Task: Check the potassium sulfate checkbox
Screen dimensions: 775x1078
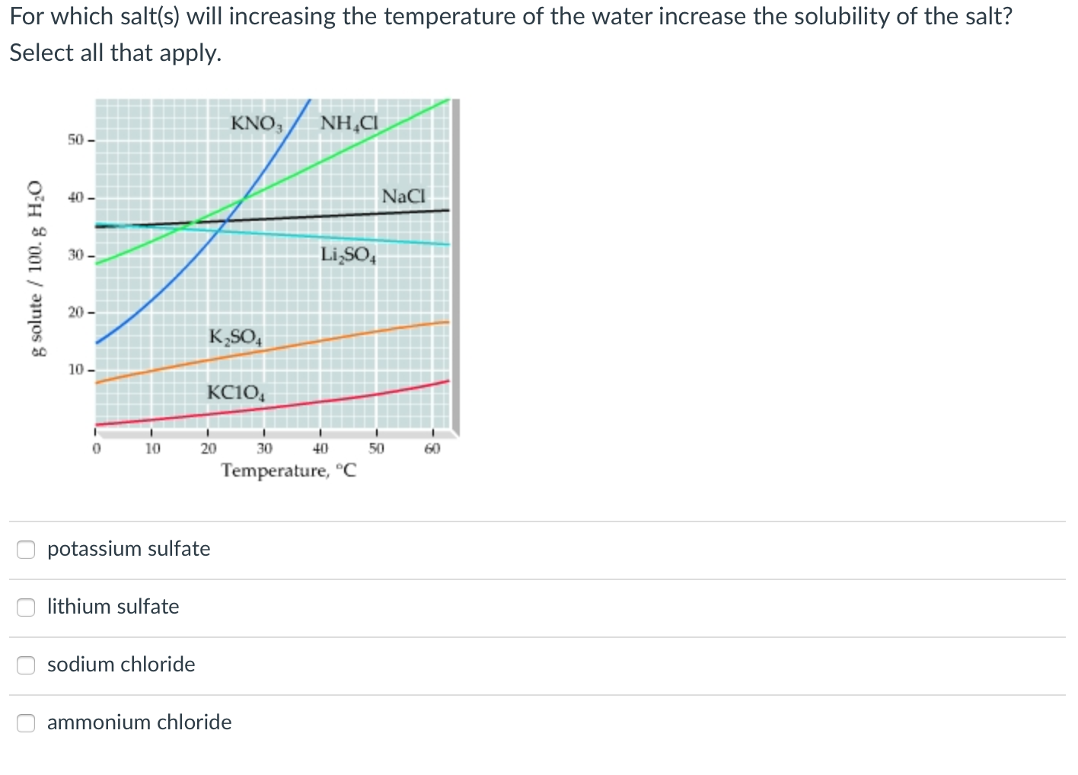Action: click(26, 549)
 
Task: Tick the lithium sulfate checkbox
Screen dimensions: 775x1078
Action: click(26, 607)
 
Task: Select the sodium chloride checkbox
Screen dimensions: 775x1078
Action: click(26, 665)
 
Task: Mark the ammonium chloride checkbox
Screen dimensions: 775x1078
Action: click(26, 722)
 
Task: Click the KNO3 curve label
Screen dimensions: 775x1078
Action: click(257, 123)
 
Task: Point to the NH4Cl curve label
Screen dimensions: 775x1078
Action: click(349, 123)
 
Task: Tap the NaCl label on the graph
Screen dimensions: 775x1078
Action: click(403, 196)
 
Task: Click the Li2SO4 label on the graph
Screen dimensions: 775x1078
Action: click(348, 255)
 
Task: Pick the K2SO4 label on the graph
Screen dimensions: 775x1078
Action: click(235, 336)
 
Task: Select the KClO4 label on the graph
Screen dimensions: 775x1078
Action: click(235, 394)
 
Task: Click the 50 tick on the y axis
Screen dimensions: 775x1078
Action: click(75, 140)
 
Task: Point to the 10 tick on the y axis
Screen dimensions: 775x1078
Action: click(76, 370)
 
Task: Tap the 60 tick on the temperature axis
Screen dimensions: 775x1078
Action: click(432, 448)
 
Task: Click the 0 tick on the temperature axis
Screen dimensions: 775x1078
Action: click(96, 448)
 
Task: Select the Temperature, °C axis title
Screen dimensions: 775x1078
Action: click(289, 470)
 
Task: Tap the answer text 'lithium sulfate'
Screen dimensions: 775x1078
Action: click(113, 607)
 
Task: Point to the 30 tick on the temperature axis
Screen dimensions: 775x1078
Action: click(264, 448)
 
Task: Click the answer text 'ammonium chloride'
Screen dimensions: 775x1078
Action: click(139, 722)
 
